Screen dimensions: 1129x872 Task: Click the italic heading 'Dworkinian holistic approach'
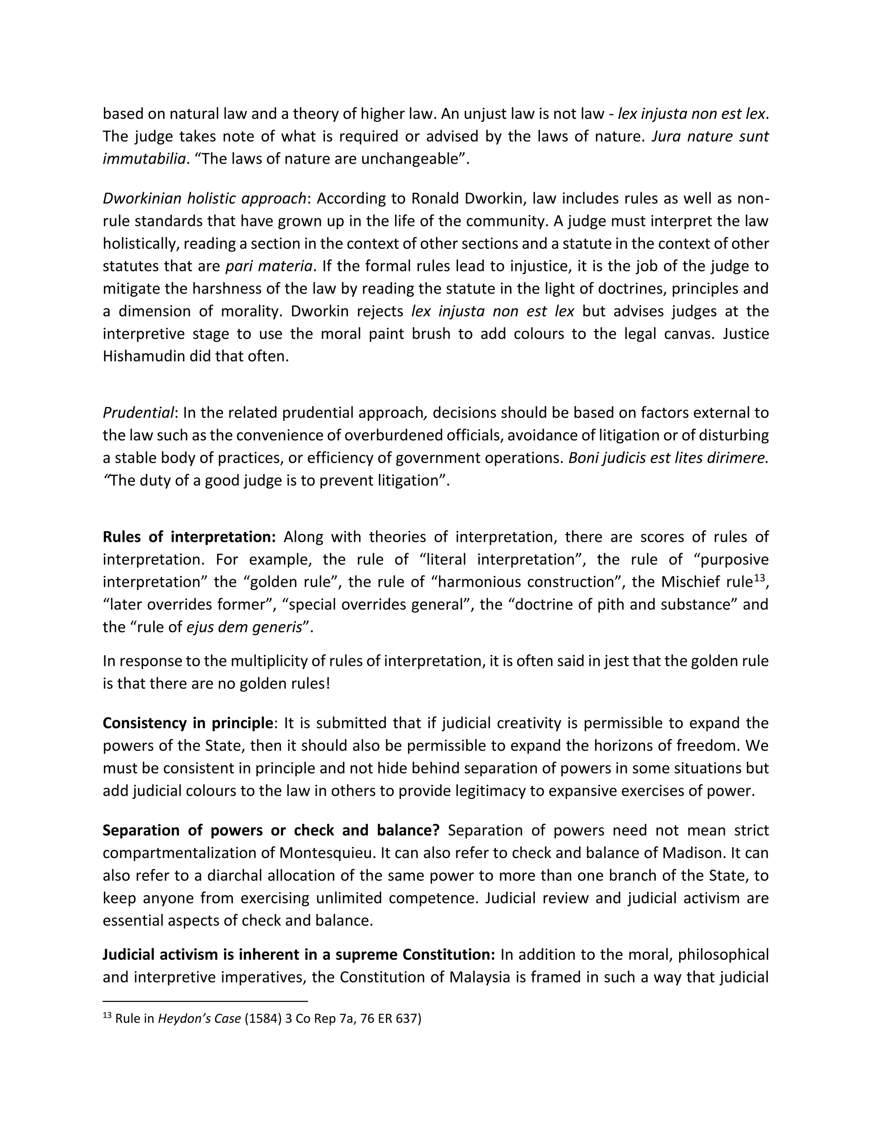204,199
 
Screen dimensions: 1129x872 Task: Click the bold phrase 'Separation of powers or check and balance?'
271,830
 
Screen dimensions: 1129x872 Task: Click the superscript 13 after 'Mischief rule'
760,577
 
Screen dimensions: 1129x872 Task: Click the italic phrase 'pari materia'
269,266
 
